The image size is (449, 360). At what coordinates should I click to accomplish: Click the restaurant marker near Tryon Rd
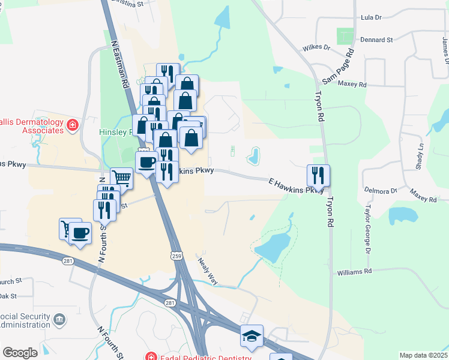click(x=318, y=175)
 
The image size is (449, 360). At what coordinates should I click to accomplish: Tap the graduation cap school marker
click(x=252, y=337)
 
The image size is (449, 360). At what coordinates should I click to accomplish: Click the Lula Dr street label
click(x=370, y=17)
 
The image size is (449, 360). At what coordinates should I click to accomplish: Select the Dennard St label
click(x=376, y=40)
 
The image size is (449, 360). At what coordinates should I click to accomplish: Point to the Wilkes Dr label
click(x=316, y=47)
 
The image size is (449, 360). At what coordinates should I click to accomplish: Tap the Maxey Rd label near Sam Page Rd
click(x=352, y=85)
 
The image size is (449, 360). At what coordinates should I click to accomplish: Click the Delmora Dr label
click(x=381, y=191)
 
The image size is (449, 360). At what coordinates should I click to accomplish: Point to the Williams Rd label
click(x=354, y=271)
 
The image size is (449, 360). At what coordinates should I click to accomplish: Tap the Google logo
click(x=20, y=352)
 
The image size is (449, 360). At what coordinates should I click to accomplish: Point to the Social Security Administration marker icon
click(x=59, y=318)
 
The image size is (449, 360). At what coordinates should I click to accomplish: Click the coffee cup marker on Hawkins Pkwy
click(x=146, y=161)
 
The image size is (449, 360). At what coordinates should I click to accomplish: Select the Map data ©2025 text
click(x=424, y=355)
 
